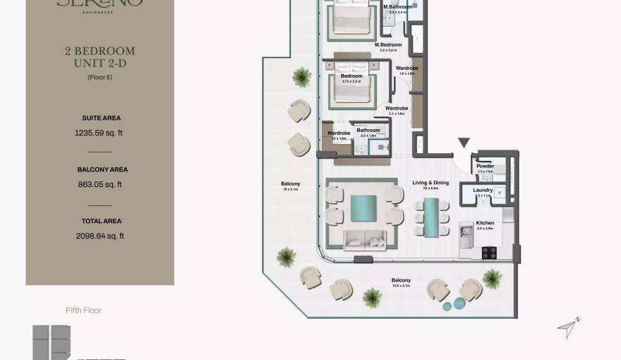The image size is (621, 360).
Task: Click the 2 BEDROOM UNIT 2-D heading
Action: coord(100,57)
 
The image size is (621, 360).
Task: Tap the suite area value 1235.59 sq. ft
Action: coord(100,132)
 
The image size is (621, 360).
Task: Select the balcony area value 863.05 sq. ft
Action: coord(100,184)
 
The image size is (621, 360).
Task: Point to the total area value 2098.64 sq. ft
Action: coord(100,236)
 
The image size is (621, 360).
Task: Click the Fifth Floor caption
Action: coord(83,310)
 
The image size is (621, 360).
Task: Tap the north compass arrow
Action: coord(568,328)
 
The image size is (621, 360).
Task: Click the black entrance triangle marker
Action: coord(464,143)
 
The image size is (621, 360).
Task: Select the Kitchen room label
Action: coord(485,223)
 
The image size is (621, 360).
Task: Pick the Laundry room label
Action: coord(483,190)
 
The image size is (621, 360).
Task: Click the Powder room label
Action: coord(485,166)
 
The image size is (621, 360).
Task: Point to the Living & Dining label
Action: coord(430,183)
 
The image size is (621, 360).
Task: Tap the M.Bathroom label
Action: coord(397,7)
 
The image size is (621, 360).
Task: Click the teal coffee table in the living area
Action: coord(365,209)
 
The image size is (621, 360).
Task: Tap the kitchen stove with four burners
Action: coord(490,251)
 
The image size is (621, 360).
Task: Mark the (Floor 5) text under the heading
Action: coord(100,77)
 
